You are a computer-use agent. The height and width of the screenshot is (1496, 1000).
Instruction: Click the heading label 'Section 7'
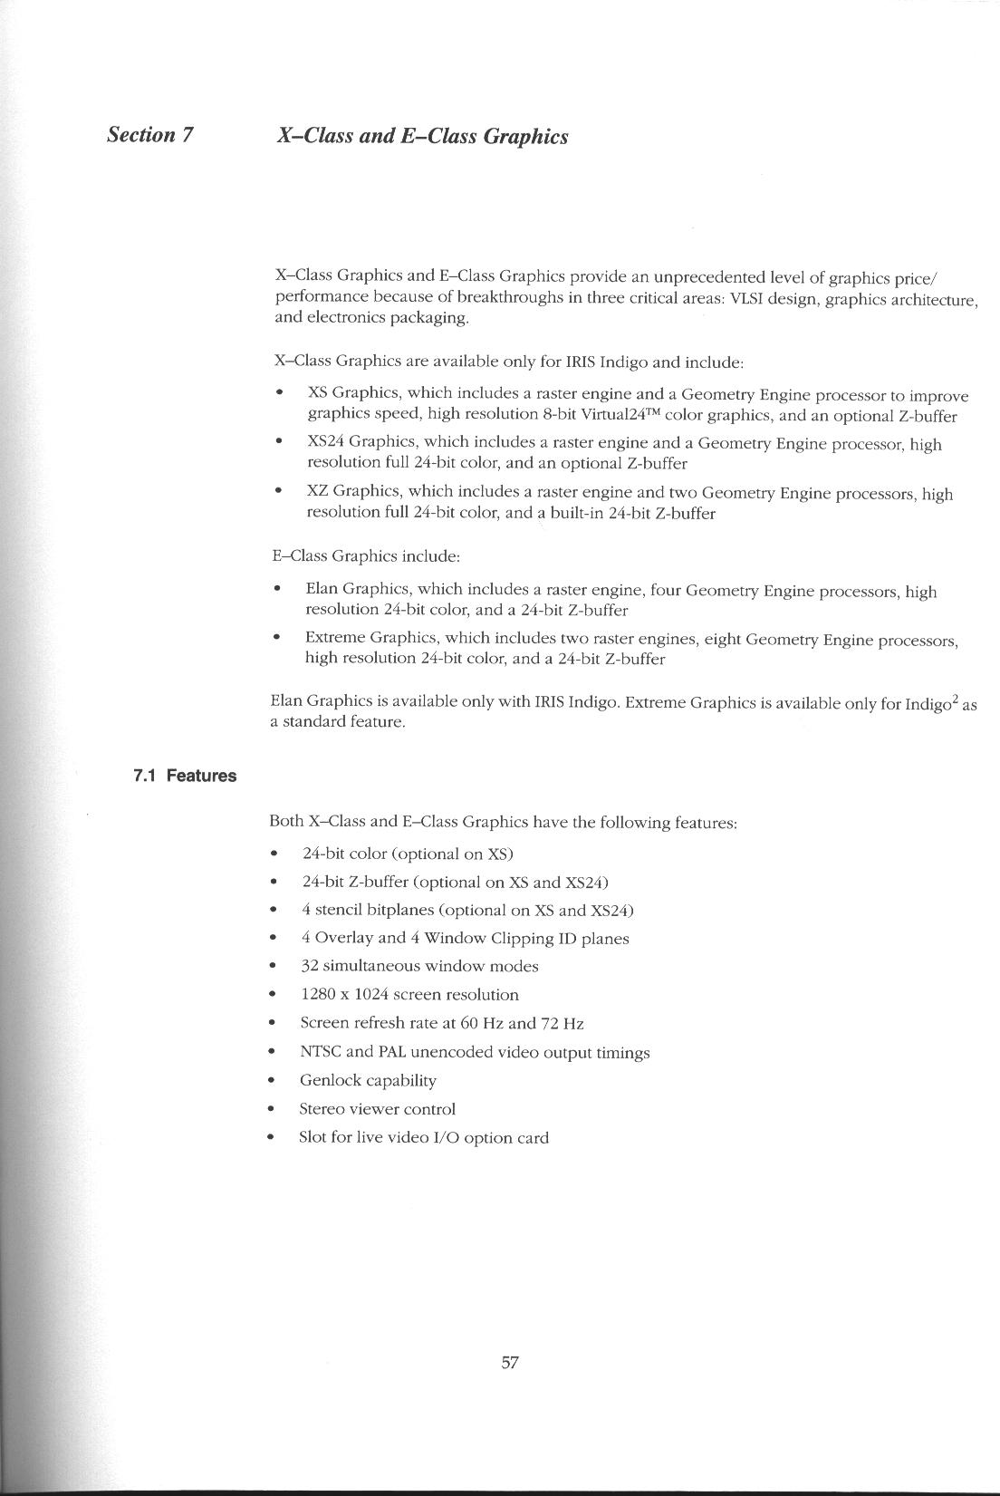[x=150, y=135]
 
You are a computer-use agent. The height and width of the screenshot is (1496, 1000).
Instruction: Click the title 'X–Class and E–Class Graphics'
[x=422, y=136]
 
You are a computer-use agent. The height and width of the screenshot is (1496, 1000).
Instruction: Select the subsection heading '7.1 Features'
[x=184, y=776]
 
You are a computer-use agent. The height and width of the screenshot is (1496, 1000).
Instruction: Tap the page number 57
[x=509, y=1362]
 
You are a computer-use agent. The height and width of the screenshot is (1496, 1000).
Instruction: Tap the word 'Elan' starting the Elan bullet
[x=322, y=590]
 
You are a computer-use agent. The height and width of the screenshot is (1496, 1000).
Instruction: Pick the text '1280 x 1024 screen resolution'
[x=409, y=994]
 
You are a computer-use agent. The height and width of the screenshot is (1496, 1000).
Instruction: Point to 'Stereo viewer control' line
[x=377, y=1109]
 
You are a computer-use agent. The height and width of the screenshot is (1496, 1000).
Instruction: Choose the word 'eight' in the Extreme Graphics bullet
[x=722, y=639]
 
